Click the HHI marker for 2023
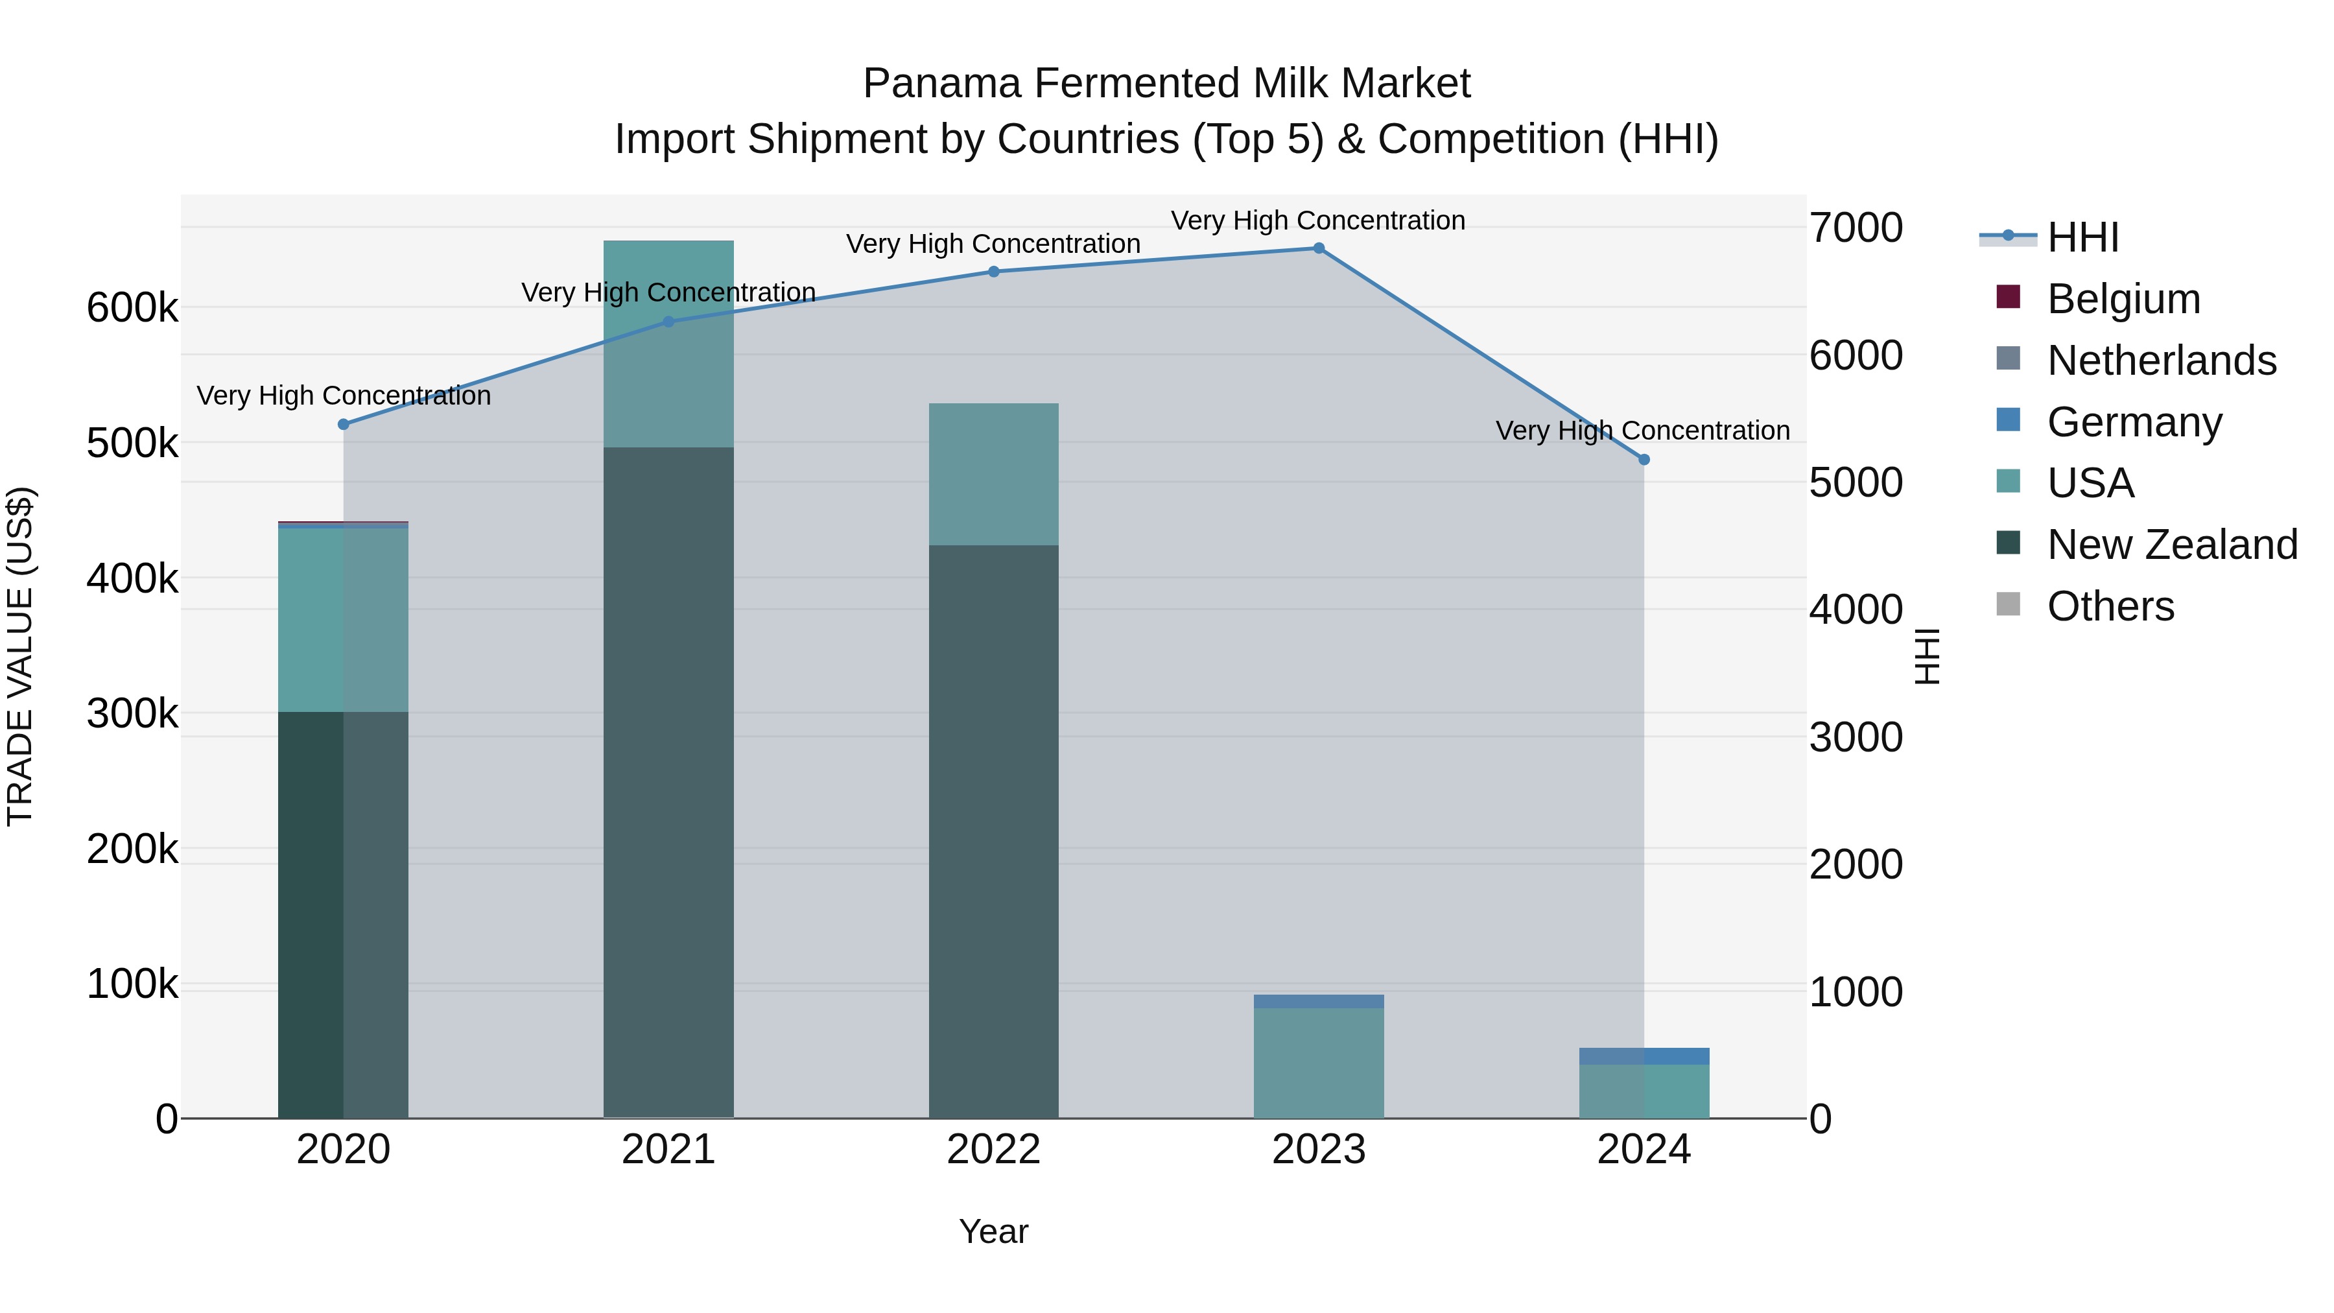(1318, 248)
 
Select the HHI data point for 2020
(344, 424)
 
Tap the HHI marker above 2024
(1644, 460)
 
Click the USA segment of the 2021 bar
(668, 344)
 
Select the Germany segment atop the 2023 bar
(1318, 1001)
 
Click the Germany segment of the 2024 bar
(1644, 1057)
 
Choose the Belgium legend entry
(2123, 299)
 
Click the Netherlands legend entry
(2161, 361)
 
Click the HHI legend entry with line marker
(2082, 237)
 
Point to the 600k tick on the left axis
(132, 308)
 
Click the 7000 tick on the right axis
(1856, 228)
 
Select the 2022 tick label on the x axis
(993, 1150)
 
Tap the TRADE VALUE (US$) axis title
(21, 656)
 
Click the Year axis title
(993, 1231)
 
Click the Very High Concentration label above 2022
(993, 244)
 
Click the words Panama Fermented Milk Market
(1166, 84)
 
